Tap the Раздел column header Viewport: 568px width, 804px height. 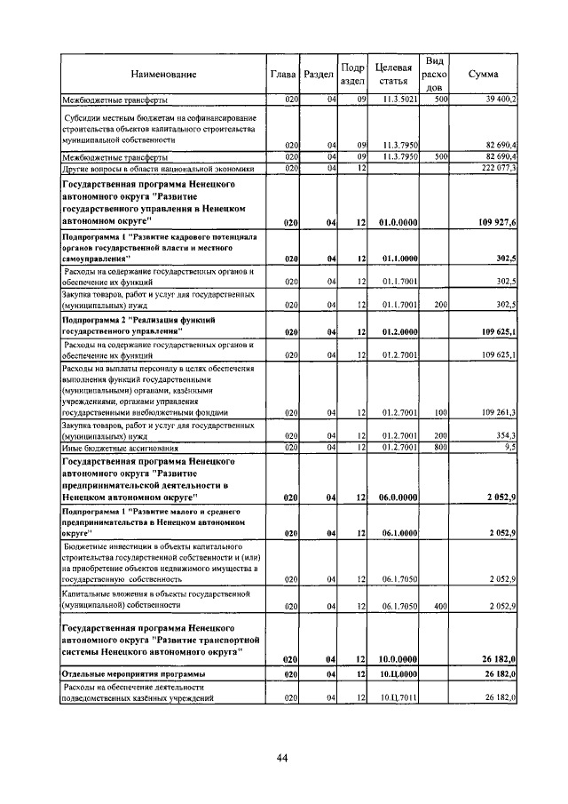tap(318, 74)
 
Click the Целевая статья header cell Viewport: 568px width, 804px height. tap(393, 74)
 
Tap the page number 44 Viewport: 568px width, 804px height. tap(282, 757)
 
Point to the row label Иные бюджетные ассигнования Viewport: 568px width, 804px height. tap(114, 449)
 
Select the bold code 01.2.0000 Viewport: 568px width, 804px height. tap(398, 330)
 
